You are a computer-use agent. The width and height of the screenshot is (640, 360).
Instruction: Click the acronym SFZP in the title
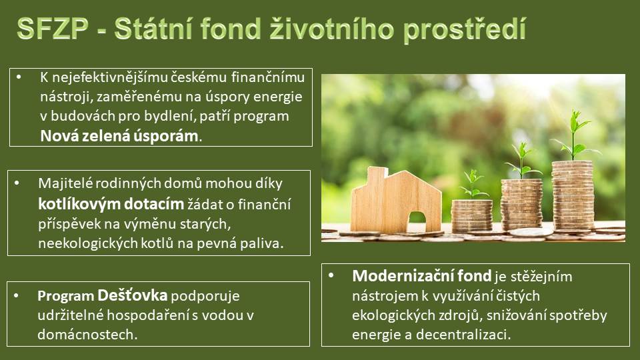(53, 29)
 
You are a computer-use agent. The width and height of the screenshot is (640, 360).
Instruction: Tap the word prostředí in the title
(465, 30)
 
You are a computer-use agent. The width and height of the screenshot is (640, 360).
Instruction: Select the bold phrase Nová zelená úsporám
(119, 135)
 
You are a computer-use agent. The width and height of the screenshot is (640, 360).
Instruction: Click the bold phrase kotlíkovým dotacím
(111, 204)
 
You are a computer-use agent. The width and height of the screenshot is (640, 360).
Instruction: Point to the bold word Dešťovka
(132, 295)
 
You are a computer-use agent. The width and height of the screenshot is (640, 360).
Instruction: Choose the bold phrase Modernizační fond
(421, 276)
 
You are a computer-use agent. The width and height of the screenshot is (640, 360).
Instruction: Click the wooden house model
(396, 200)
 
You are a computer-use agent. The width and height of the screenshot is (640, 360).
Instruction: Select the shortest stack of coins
(472, 216)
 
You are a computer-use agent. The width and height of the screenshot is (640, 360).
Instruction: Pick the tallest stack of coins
(573, 195)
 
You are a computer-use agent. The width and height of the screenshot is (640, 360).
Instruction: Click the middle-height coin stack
(521, 205)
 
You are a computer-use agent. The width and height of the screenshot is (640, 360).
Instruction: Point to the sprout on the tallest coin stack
(575, 135)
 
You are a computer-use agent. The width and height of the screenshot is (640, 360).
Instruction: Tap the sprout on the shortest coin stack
(473, 185)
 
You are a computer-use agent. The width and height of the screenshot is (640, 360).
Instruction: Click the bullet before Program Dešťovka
(16, 295)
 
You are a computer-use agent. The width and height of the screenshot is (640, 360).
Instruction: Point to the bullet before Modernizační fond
(331, 275)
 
